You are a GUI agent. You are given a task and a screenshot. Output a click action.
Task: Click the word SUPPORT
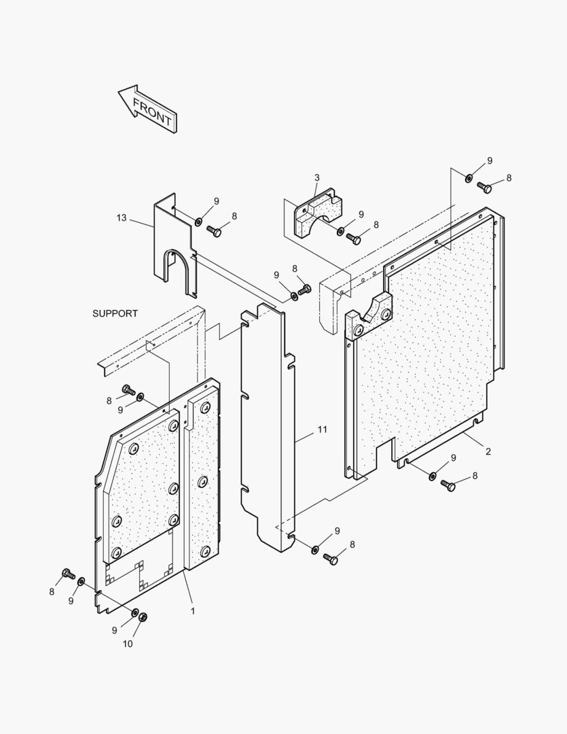point(115,313)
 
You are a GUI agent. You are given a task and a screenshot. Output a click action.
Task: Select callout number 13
point(122,217)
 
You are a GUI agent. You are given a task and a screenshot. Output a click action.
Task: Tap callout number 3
point(316,178)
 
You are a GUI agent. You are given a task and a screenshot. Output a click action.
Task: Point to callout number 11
point(322,430)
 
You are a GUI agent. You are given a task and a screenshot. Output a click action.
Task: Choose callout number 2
point(488,451)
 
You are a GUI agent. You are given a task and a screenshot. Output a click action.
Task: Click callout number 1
point(192,611)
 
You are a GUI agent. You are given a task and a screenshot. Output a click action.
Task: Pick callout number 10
point(128,644)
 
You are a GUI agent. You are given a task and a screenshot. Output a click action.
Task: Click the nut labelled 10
point(143,617)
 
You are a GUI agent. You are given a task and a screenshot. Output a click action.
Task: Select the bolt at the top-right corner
point(484,187)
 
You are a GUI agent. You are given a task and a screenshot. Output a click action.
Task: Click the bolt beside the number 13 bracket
point(214,232)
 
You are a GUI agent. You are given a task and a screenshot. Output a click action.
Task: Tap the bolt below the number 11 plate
point(331,559)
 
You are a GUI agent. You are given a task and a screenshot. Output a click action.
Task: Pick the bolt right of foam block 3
point(353,239)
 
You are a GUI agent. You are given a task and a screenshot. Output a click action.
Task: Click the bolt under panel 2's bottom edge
point(448,485)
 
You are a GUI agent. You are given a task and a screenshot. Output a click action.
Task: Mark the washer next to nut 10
point(134,614)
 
